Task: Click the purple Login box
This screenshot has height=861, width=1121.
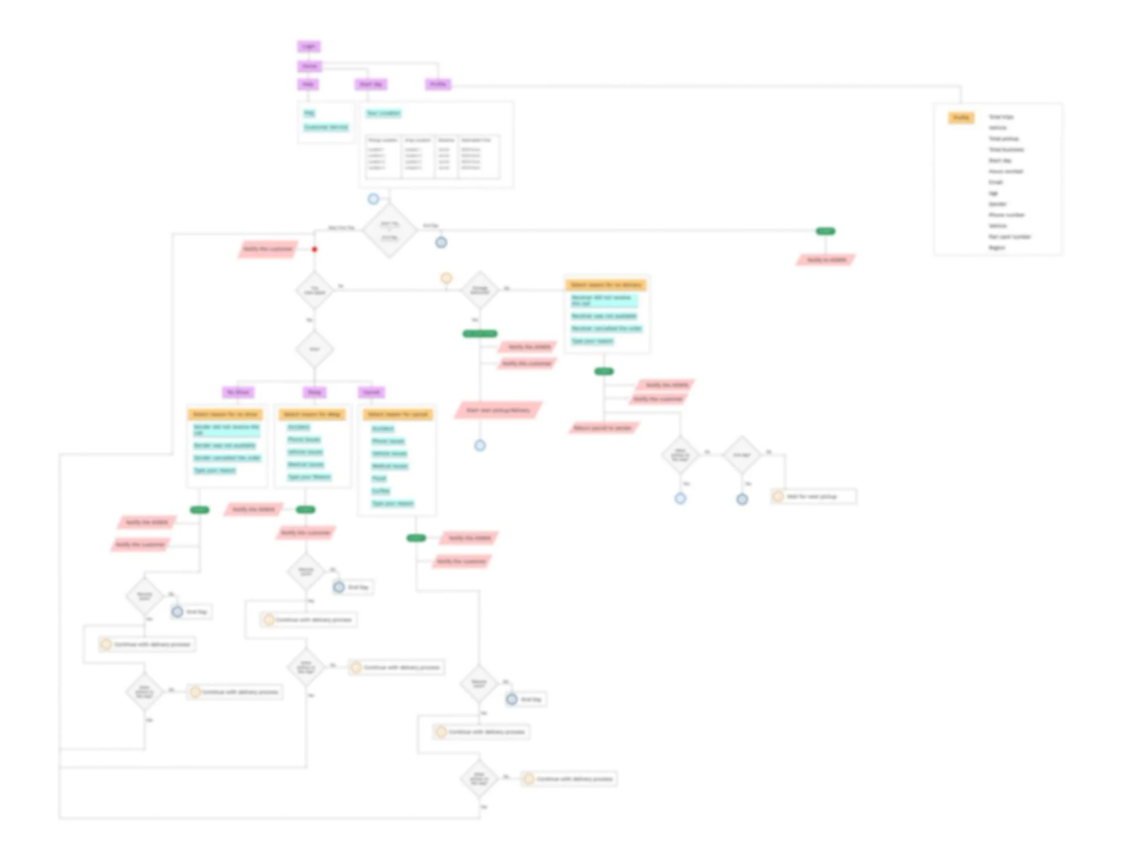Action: [308, 47]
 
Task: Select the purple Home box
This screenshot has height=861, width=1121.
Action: [309, 66]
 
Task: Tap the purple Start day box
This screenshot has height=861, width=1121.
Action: [370, 84]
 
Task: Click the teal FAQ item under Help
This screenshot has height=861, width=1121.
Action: [309, 113]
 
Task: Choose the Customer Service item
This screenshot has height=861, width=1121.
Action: [326, 127]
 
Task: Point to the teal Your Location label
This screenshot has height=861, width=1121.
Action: [384, 113]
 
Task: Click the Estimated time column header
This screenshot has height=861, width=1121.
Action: [476, 140]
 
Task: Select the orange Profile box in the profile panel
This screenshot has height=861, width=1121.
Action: [960, 118]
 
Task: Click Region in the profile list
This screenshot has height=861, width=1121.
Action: [997, 247]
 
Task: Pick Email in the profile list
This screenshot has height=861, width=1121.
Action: [996, 182]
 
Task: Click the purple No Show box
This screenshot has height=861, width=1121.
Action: [238, 392]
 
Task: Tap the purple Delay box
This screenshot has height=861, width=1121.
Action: [314, 392]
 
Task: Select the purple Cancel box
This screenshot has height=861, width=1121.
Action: [371, 392]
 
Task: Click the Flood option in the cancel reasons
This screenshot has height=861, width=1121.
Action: [379, 478]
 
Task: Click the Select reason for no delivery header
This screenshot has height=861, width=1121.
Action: [606, 285]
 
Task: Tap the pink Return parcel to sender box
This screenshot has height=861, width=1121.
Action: [603, 428]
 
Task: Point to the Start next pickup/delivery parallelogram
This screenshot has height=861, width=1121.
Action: [498, 410]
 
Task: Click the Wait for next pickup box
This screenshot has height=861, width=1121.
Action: [813, 497]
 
